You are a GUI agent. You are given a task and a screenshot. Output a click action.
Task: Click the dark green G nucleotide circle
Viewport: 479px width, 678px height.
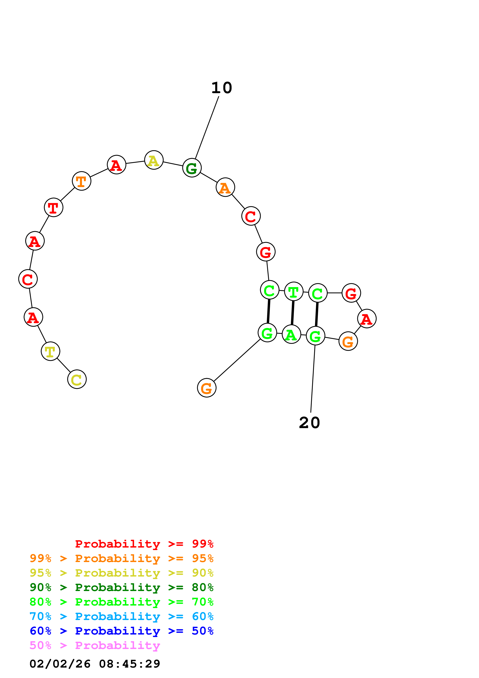(192, 168)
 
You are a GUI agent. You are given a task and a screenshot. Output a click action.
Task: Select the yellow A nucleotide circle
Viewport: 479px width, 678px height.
(154, 160)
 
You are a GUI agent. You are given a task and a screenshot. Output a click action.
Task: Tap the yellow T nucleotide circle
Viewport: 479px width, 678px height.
(50, 351)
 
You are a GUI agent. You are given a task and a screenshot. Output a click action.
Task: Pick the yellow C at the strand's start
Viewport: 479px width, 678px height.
(77, 379)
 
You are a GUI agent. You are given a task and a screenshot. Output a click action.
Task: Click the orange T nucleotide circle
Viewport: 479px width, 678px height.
(82, 181)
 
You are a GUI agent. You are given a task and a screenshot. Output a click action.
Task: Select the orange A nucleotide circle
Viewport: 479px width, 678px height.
(225, 187)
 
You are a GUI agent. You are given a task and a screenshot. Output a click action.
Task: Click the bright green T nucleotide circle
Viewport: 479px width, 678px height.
(294, 291)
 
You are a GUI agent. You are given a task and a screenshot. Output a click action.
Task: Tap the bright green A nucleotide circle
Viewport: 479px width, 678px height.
(291, 334)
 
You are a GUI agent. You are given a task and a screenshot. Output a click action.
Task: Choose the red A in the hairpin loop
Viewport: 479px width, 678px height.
(367, 319)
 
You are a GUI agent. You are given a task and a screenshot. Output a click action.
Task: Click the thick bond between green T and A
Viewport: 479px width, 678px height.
(293, 313)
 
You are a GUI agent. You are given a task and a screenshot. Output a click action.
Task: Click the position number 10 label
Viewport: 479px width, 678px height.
(222, 88)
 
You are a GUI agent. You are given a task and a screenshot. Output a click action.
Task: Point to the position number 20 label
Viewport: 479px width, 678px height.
(309, 422)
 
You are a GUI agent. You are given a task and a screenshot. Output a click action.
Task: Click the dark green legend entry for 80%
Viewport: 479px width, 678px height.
(122, 587)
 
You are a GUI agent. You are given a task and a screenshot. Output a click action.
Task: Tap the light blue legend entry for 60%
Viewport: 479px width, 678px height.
(122, 616)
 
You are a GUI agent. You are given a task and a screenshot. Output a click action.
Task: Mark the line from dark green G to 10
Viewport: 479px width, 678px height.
(207, 128)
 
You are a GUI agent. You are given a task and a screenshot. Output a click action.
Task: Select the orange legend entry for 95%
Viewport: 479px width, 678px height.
(122, 558)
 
